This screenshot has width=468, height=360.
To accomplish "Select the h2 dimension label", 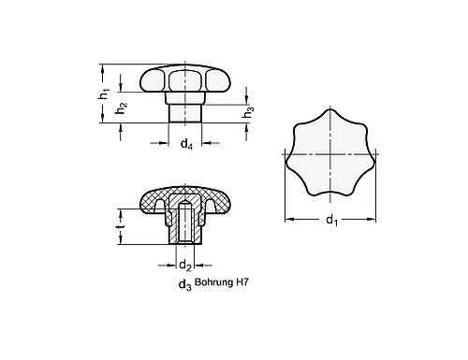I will (x=120, y=109).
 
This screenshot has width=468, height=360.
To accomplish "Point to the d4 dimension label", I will (x=187, y=144).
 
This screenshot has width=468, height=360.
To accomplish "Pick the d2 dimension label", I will (x=185, y=265).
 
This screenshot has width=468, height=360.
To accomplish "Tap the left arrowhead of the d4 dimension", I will (x=166, y=143).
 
